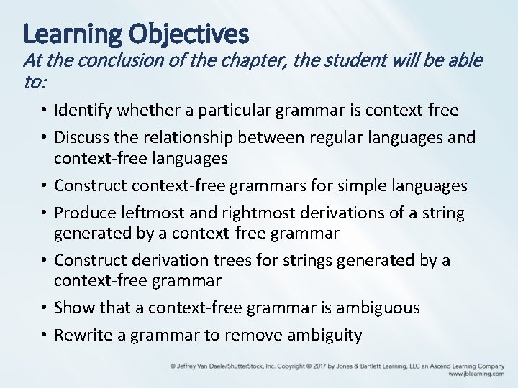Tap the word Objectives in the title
189,33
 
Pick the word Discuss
81,137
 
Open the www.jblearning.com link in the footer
476,374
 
